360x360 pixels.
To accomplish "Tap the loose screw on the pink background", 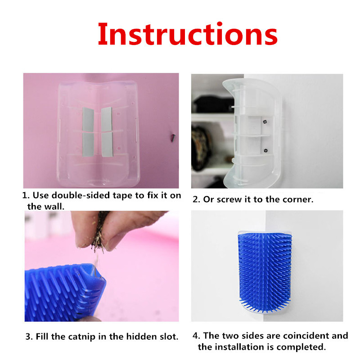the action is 173,138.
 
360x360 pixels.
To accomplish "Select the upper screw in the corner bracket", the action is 265,122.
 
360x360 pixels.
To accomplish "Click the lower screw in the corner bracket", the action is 265,151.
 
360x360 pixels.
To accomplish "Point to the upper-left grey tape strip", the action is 88,119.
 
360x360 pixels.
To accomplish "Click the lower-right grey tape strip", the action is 107,144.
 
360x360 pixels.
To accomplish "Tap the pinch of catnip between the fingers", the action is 99,232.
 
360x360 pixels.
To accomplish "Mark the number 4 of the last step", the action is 195,336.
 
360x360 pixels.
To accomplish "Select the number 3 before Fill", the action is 28,337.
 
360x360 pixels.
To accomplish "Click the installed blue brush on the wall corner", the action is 265,272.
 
